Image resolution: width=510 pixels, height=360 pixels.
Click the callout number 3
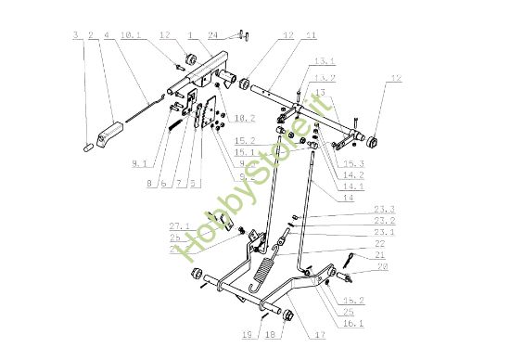(x=75, y=36)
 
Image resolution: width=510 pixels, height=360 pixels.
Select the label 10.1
(x=130, y=36)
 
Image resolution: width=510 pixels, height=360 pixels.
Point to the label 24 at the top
(x=213, y=36)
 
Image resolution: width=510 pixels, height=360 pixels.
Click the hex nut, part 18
(x=287, y=315)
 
